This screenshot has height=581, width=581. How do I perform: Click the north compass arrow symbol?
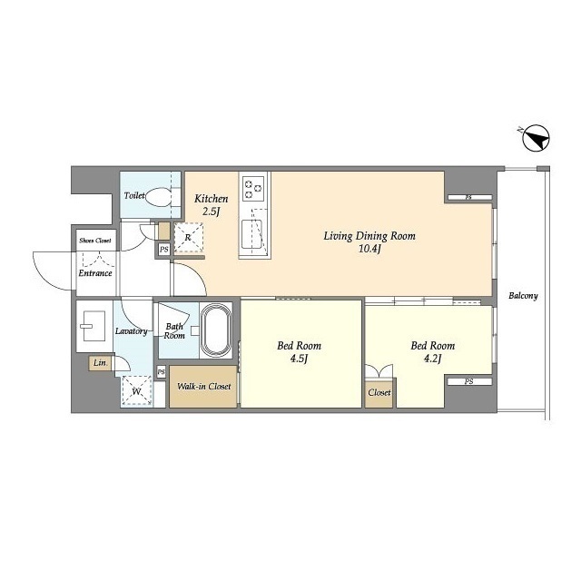point(536,138)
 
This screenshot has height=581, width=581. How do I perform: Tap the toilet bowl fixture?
point(158,196)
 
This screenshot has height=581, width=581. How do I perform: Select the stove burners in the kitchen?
point(253,189)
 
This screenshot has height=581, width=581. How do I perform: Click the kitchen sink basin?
point(251,234)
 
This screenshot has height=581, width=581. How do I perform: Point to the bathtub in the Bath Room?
point(216,330)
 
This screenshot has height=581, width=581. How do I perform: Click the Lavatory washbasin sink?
point(93,326)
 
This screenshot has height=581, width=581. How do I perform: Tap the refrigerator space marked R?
point(189,238)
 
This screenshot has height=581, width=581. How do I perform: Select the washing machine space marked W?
point(137,391)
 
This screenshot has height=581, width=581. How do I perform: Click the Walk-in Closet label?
point(203,387)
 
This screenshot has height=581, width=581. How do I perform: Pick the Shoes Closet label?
point(94,241)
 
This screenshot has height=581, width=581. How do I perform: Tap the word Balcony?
point(523,296)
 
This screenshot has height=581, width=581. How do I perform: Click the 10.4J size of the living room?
point(369,249)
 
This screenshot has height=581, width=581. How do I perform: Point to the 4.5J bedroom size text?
point(300,359)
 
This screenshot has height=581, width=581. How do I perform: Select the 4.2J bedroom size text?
point(433,359)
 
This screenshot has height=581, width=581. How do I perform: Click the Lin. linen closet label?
point(100,363)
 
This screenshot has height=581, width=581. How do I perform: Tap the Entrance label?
point(95,273)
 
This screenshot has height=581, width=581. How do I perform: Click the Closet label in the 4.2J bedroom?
point(379,392)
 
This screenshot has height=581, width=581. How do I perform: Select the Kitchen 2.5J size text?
point(212,212)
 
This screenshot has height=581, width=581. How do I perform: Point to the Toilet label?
point(133,195)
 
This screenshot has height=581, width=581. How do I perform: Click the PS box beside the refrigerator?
point(163,250)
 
